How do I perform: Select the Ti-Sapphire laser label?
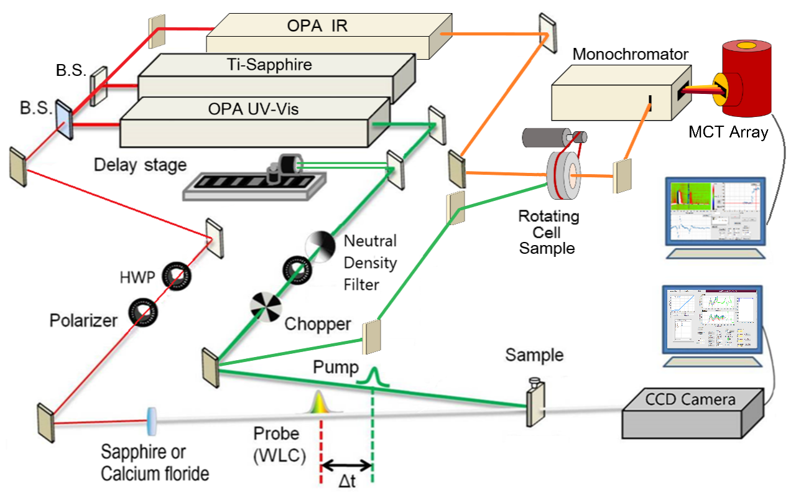pos(278,65)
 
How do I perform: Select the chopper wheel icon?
pos(266,305)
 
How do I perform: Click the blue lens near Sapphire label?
pos(151,422)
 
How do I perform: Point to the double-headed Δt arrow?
pos(346,464)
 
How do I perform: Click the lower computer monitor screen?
pos(712,320)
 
